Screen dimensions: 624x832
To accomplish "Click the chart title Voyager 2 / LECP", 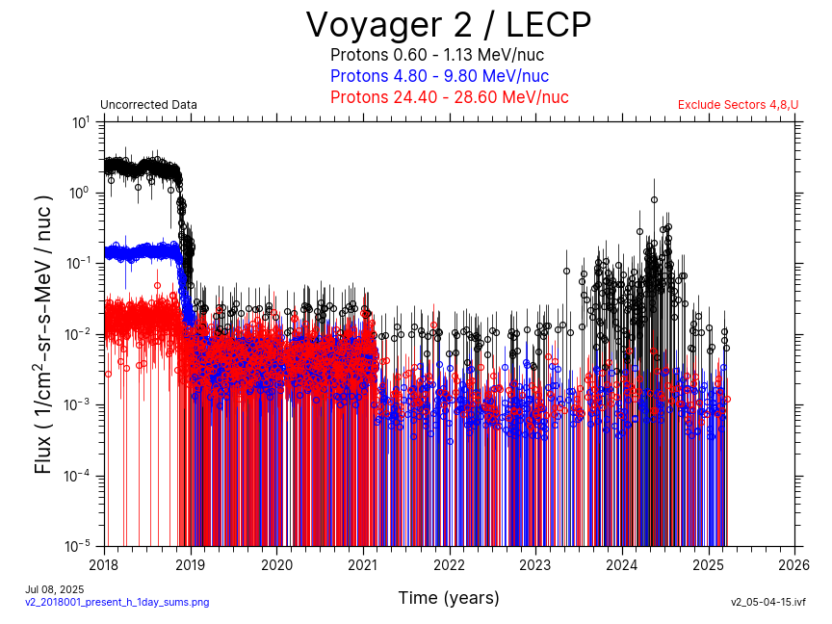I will click(448, 25).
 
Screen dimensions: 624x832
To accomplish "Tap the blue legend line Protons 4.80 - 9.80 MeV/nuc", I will click(439, 76).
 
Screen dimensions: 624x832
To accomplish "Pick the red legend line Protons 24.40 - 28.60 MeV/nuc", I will click(449, 97).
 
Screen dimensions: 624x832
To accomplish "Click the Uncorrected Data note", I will click(148, 105).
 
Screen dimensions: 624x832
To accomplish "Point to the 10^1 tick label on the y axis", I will click(81, 122).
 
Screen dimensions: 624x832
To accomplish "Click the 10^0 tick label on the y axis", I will click(81, 193).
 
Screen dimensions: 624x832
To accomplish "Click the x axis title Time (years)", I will click(449, 598).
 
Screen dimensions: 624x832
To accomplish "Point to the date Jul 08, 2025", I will click(55, 589).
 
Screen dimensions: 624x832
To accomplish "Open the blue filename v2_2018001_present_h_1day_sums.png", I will click(117, 602).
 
